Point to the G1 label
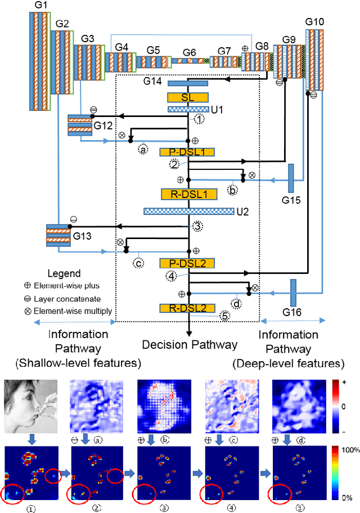(x=38, y=6)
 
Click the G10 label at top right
(x=314, y=21)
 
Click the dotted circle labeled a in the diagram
(x=143, y=150)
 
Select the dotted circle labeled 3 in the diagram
(x=197, y=226)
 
